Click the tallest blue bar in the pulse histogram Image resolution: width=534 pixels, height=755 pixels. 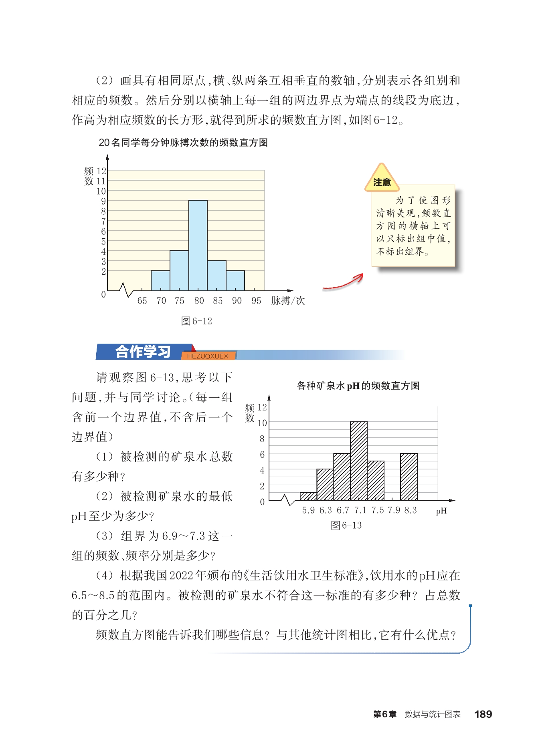coord(198,245)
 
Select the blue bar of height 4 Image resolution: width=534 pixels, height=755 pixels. coord(179,270)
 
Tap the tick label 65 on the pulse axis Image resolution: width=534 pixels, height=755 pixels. coord(142,301)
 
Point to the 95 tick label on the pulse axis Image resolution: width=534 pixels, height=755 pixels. coord(256,301)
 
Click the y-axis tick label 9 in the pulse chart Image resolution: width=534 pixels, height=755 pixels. coord(103,201)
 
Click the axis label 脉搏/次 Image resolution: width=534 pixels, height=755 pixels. coord(288,301)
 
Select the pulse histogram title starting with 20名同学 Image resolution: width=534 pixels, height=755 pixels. coord(183,143)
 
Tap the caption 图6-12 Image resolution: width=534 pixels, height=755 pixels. coord(196,321)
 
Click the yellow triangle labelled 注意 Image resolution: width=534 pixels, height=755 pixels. coord(382,179)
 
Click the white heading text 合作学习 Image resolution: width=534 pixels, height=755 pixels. coord(143,352)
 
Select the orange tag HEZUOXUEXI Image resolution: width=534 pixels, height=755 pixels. coord(208,356)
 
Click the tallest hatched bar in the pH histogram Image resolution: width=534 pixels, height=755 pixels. coord(359,461)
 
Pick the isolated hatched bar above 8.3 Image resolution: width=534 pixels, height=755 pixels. coord(409,477)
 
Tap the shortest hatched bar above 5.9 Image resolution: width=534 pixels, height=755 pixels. coord(308,497)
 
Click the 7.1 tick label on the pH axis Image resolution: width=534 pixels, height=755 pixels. coord(360,510)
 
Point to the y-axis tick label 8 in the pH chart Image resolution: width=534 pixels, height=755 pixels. coord(262,439)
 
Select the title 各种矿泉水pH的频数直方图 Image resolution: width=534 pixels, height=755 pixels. coord(358,386)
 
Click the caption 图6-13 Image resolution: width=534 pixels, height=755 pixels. coord(346,525)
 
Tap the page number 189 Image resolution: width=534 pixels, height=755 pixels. coord(483,714)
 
